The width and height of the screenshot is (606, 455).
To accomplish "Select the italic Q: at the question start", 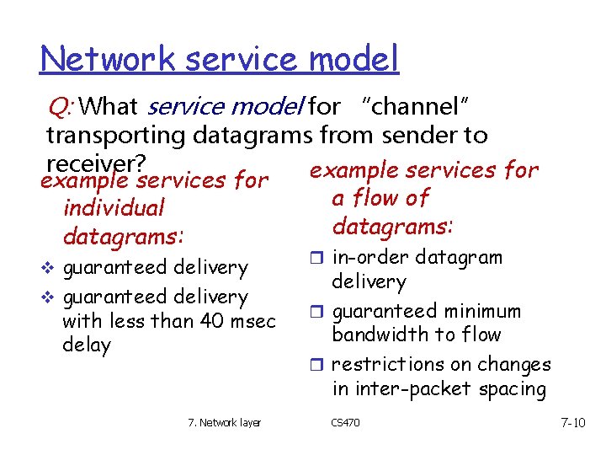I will point(64,107).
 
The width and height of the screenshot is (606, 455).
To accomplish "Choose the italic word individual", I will point(114,208).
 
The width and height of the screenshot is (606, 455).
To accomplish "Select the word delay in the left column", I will point(87,345).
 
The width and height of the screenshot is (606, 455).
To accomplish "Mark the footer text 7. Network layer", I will point(225,422).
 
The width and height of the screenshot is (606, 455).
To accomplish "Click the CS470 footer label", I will point(345,422).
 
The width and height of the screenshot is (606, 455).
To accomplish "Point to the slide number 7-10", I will point(572,422).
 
